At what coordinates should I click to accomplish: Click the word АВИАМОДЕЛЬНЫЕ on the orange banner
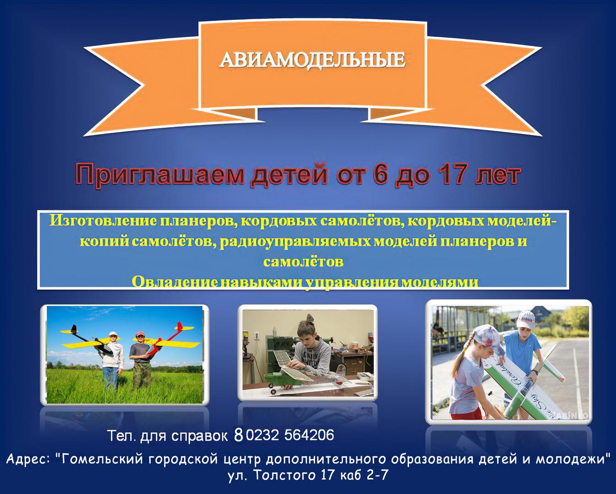click(x=312, y=61)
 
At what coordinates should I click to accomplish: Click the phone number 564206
click(x=309, y=435)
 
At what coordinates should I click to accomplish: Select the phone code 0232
click(x=262, y=435)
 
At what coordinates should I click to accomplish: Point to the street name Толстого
click(x=286, y=475)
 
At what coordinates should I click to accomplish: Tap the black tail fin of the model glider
click(x=74, y=329)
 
